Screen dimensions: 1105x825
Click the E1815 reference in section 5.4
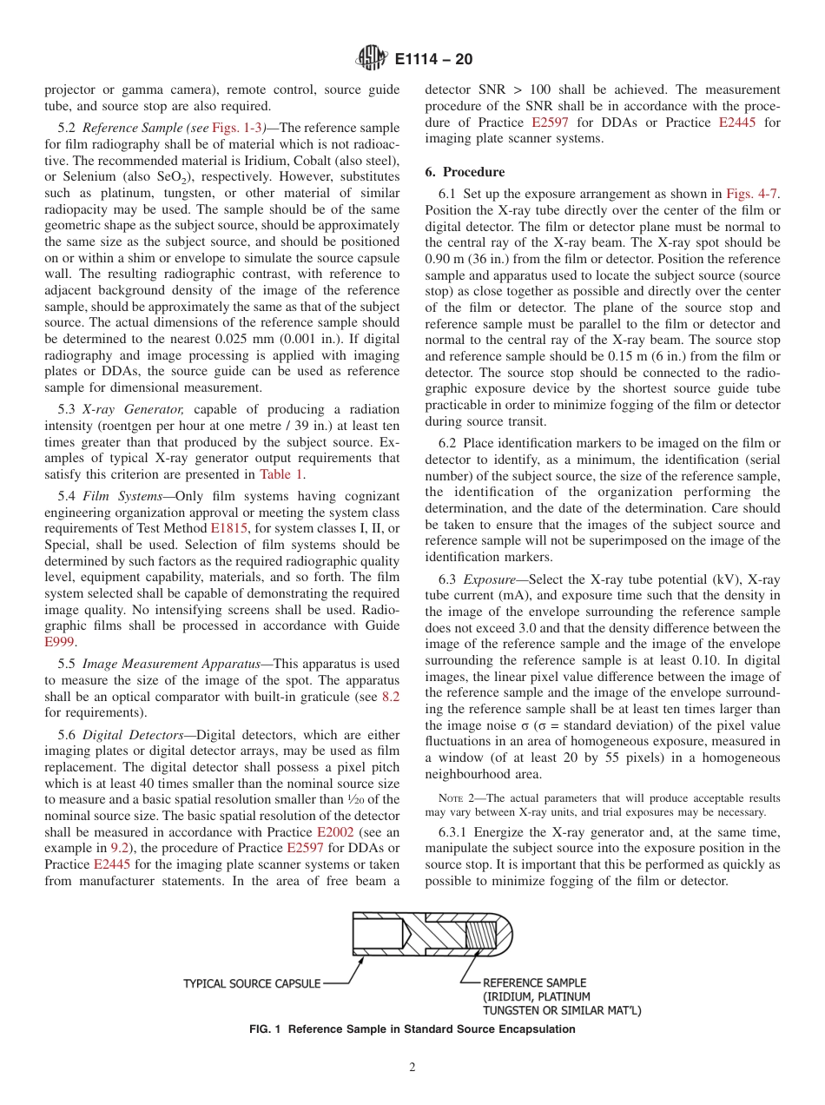coord(227,526)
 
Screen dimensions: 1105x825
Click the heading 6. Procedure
coord(465,172)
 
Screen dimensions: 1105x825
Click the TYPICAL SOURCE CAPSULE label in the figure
coord(252,983)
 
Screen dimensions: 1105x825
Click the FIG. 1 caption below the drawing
coord(412,1029)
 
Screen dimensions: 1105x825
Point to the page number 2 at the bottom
coord(412,1068)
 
